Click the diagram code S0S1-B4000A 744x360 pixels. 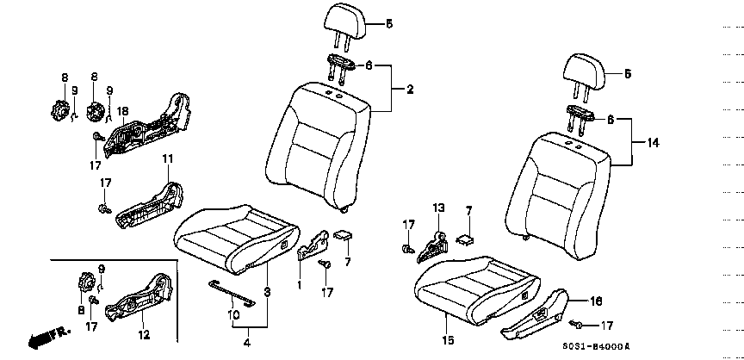(596, 347)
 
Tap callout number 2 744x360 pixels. (410, 89)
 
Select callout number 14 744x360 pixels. (653, 142)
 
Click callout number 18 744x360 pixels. (122, 111)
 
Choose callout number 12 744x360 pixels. (144, 335)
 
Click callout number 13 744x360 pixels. (438, 208)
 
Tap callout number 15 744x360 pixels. (448, 339)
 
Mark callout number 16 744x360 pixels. (596, 301)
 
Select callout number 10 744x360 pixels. (233, 315)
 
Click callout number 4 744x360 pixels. (247, 343)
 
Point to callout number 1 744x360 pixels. (300, 286)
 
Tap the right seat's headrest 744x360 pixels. (585, 78)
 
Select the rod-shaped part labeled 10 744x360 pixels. (232, 293)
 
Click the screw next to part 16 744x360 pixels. (578, 324)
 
